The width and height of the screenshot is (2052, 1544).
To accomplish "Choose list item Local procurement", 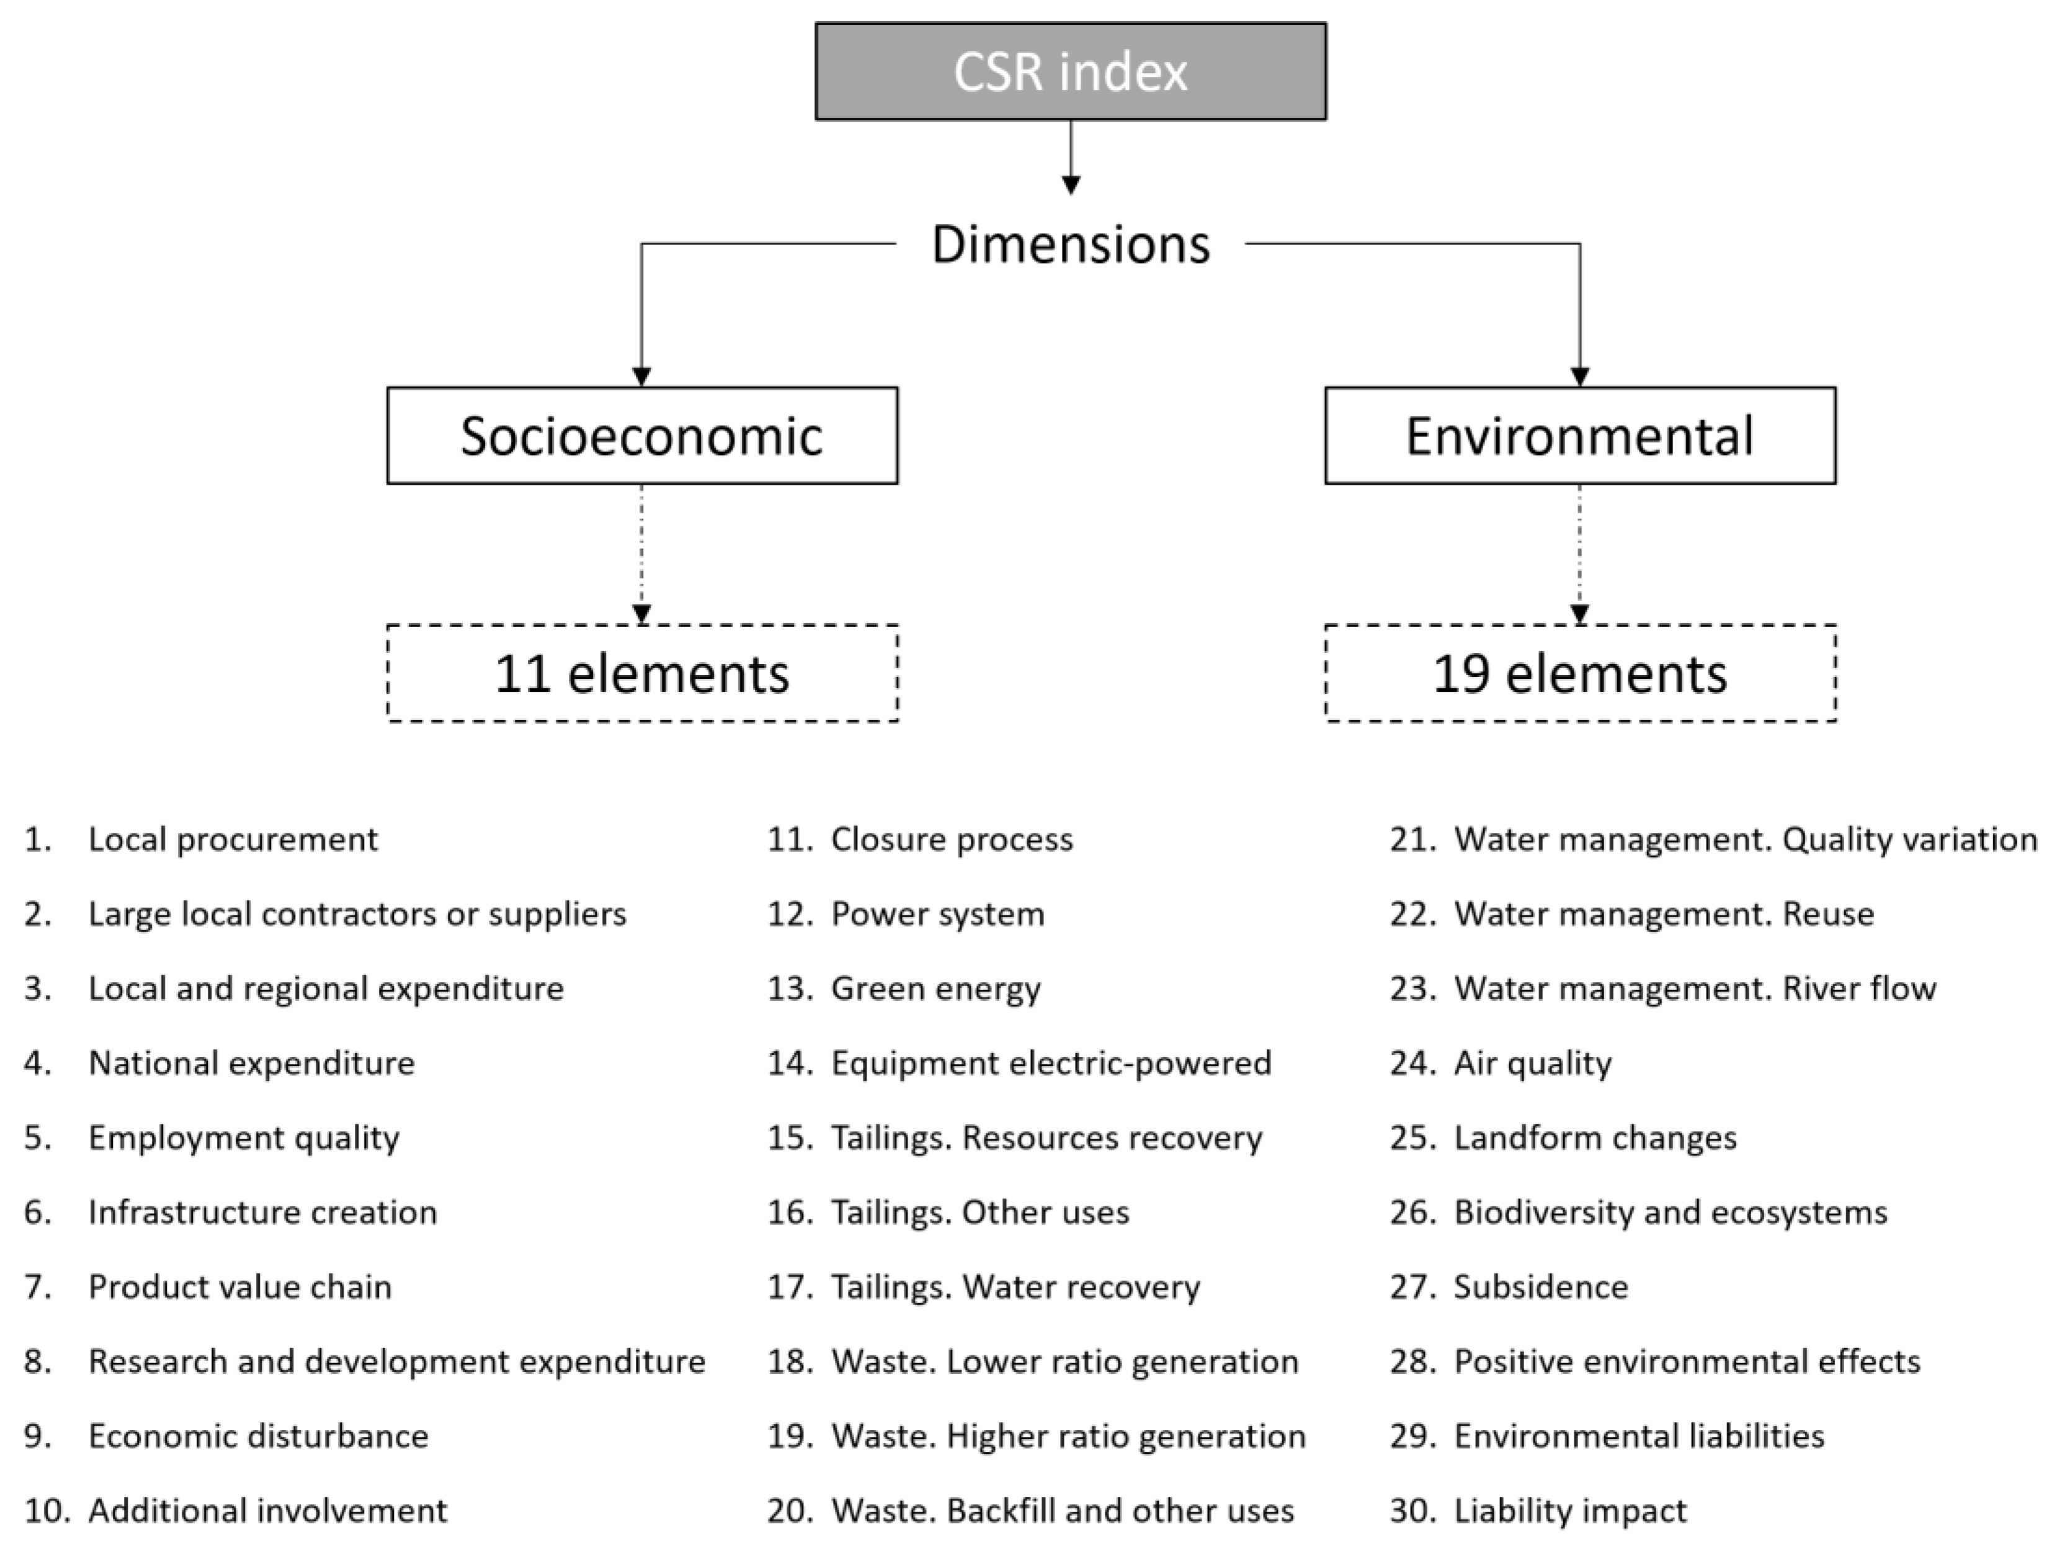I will coord(232,840).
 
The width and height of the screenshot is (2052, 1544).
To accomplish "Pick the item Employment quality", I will coord(243,1138).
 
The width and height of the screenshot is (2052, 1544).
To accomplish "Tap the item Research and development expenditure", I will coord(396,1361).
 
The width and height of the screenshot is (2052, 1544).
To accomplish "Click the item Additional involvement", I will coord(267,1510).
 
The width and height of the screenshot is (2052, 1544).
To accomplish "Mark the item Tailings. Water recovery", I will coord(1015,1287).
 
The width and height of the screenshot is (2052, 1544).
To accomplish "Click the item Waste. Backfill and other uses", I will coord(1061,1510).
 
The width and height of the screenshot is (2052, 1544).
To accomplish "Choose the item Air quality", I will coord(1533,1063).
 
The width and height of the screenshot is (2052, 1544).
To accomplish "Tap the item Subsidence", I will coord(1540,1287).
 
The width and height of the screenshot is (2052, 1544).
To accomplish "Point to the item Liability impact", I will coord(1569,1510).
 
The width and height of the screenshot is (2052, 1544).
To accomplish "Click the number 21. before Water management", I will coord(1412,840).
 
